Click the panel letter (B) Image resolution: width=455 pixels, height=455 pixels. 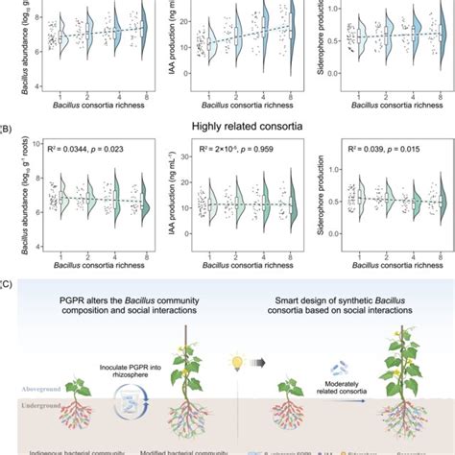pyautogui.click(x=6, y=128)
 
